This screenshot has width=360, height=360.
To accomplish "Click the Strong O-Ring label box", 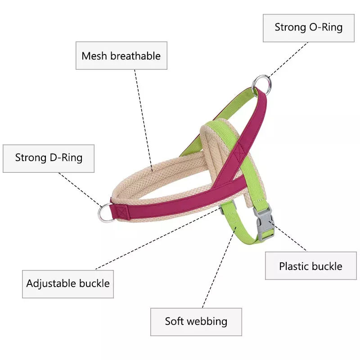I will click(308, 27).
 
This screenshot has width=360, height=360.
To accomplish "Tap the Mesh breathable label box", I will click(121, 56).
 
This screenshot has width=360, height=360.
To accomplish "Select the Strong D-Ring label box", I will click(49, 158).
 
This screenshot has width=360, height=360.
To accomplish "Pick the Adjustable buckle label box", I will click(68, 283).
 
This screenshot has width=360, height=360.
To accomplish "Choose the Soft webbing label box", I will click(196, 321).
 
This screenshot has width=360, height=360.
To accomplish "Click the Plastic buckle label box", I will click(310, 266).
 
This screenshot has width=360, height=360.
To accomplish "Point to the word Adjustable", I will click(51, 283).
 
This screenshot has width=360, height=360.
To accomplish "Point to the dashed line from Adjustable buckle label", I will click(157, 238).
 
